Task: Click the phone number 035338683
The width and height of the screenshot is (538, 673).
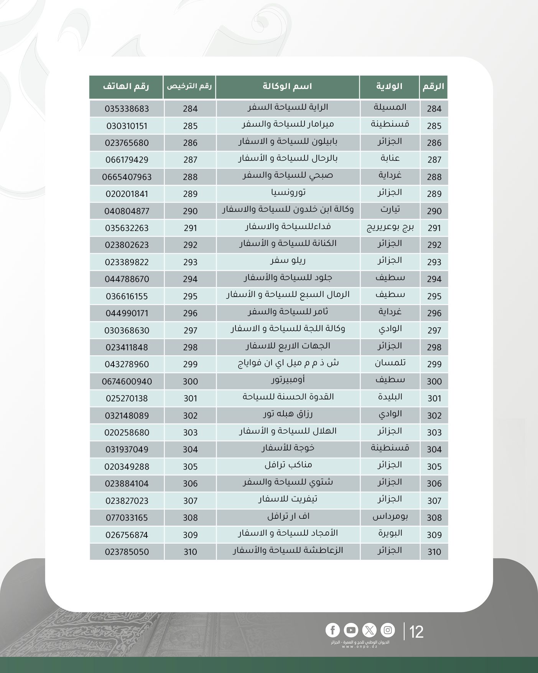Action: click(x=127, y=109)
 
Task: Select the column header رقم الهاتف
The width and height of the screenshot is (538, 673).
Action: click(x=126, y=86)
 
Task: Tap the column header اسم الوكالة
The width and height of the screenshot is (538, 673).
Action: click(x=287, y=86)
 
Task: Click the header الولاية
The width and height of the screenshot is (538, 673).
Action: click(x=389, y=86)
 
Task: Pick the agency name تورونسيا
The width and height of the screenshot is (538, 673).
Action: click(x=288, y=193)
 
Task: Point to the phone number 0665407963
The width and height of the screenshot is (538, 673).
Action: click(x=127, y=177)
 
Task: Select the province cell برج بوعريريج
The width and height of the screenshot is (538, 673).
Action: click(x=390, y=228)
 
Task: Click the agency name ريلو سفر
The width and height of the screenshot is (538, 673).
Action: click(x=288, y=261)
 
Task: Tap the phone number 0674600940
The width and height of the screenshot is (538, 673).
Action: click(x=127, y=381)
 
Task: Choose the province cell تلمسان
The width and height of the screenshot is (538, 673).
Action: click(x=390, y=363)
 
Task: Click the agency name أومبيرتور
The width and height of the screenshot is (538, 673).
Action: click(x=288, y=380)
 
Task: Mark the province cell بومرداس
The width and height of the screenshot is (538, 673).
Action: click(x=390, y=517)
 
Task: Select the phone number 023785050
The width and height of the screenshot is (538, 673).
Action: click(x=127, y=552)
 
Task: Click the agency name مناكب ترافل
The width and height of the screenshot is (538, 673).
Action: click(x=288, y=465)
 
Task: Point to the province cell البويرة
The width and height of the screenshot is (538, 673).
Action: click(x=390, y=533)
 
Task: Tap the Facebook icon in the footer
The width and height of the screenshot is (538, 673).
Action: click(x=332, y=630)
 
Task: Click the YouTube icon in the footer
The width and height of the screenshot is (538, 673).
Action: click(x=350, y=630)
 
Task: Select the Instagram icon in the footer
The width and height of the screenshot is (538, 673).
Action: click(x=388, y=630)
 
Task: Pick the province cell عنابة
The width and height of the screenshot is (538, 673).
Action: click(x=390, y=158)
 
